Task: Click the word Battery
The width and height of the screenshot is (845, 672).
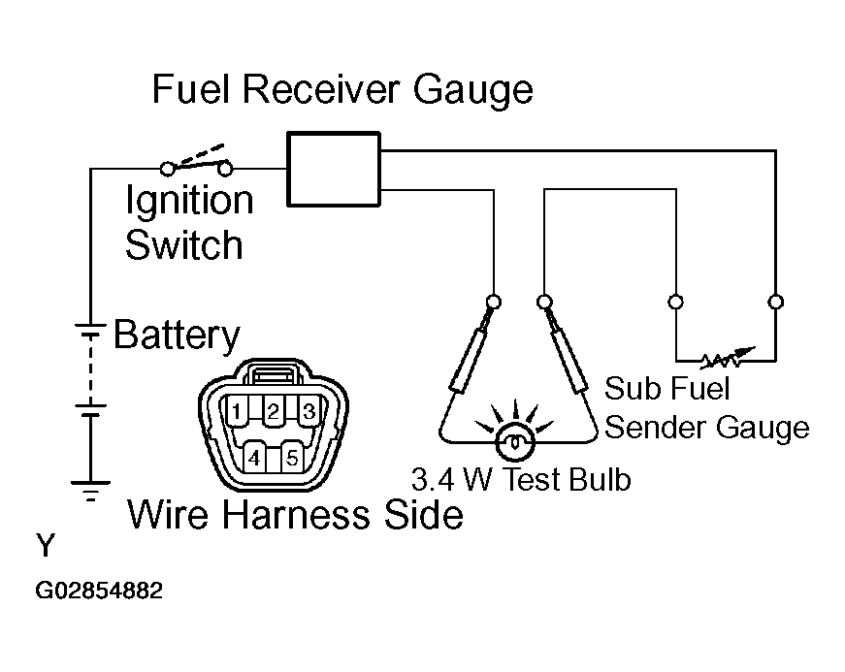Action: [177, 336]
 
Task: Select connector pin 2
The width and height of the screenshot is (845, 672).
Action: [273, 410]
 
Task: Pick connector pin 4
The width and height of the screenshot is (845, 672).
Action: [253, 456]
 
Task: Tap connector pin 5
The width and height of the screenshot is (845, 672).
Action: [291, 456]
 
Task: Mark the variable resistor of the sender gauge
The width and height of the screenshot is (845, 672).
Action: [726, 361]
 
